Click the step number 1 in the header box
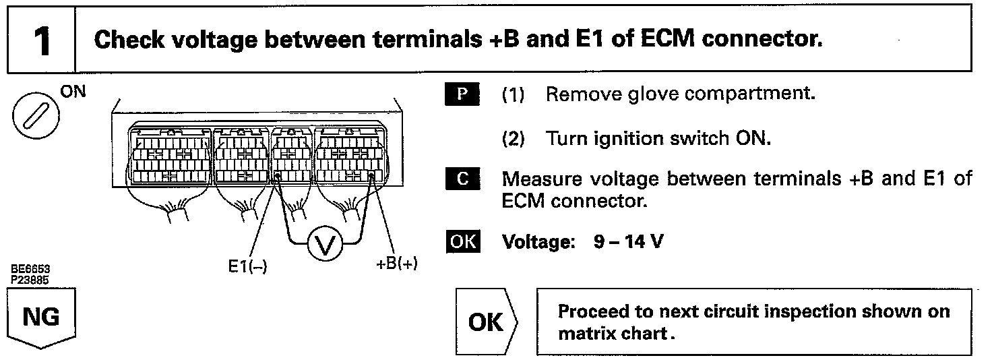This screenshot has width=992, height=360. tap(41, 41)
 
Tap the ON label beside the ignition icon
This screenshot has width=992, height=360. tap(73, 92)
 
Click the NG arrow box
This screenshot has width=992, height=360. tap(40, 317)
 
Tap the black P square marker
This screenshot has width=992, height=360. tap(462, 94)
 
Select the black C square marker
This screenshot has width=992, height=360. tap(462, 180)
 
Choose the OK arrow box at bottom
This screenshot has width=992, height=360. tap(485, 322)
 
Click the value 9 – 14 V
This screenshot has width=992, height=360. tap(628, 241)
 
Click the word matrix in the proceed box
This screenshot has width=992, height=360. tap(584, 334)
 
